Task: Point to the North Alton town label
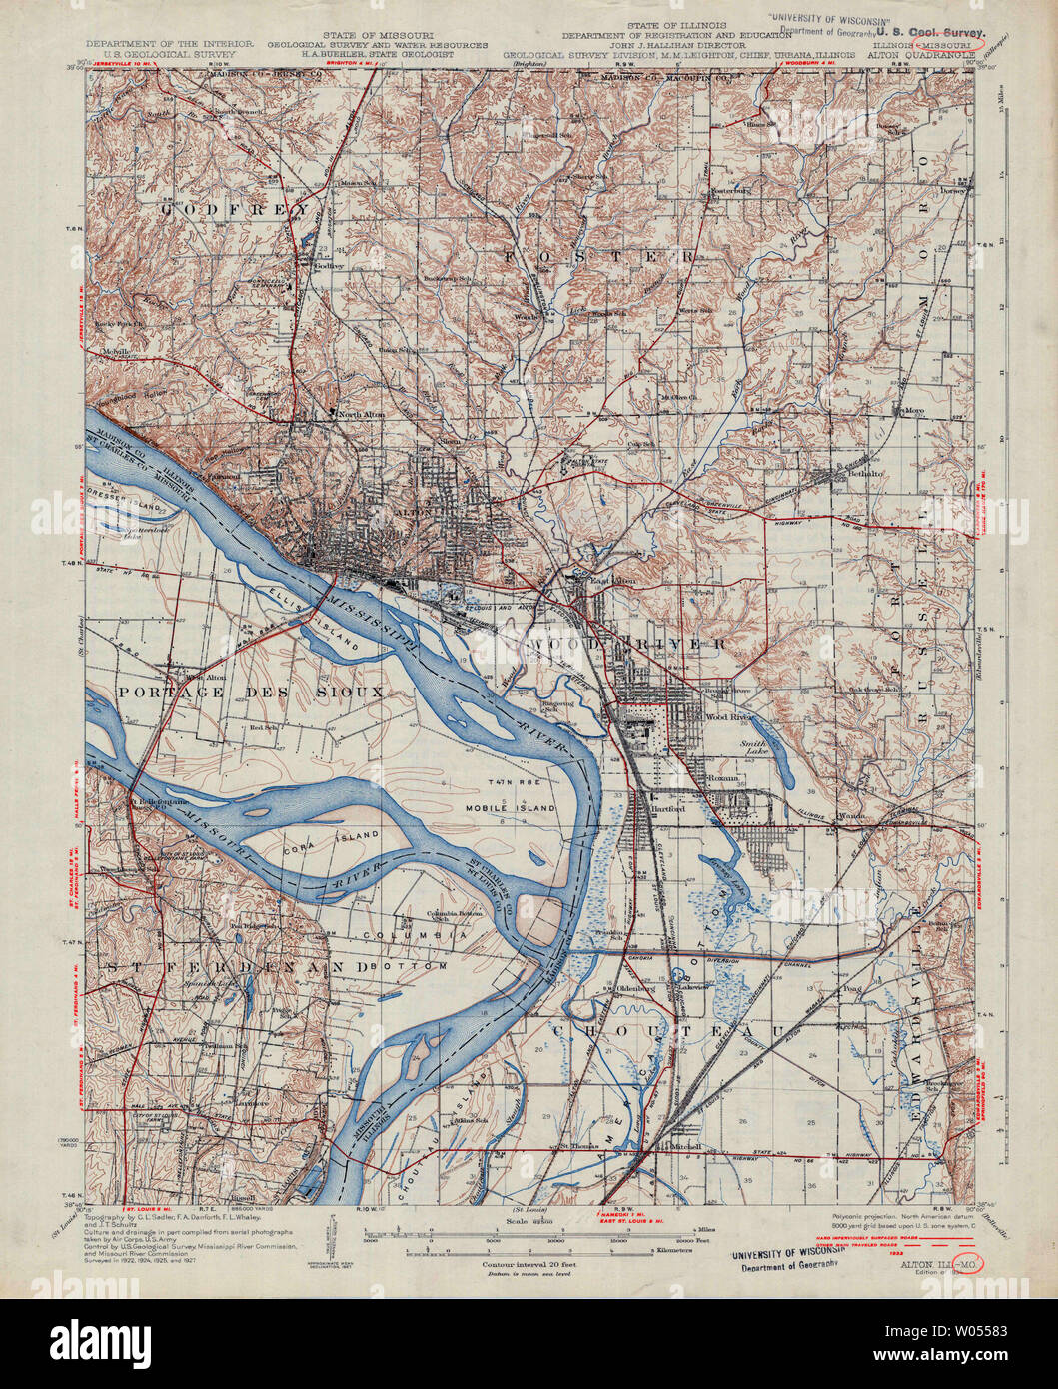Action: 361,414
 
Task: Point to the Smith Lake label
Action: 753,749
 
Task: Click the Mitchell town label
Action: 686,1146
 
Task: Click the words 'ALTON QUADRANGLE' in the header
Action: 912,56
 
